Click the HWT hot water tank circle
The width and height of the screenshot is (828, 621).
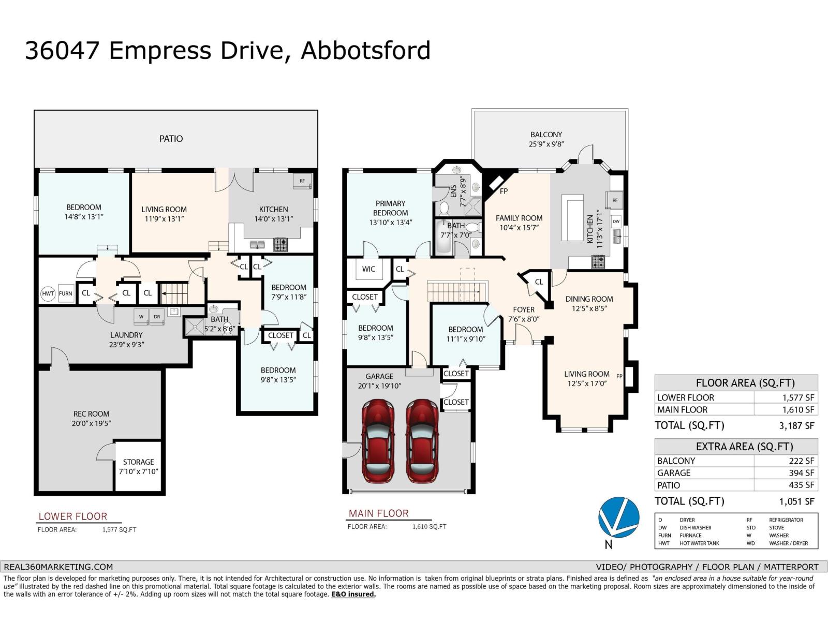pos(48,293)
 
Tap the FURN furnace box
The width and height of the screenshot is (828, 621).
pos(66,293)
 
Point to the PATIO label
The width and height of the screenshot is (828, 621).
pos(171,139)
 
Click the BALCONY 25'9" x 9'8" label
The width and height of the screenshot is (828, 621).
pos(546,139)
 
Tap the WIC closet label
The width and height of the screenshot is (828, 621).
pos(368,269)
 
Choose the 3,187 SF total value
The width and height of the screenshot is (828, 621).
pos(796,426)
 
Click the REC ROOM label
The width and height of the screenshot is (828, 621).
pos(91,414)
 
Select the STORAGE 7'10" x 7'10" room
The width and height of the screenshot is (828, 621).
pos(138,466)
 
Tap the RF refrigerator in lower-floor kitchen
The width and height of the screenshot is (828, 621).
pos(302,181)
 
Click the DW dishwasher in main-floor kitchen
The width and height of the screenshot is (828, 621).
pos(616,221)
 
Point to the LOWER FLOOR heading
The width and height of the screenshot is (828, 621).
pos(73,516)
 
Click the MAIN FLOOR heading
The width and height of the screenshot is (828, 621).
pos(379,513)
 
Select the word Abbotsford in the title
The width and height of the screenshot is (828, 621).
pos(365,51)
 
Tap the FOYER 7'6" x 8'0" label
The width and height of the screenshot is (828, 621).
pos(524,314)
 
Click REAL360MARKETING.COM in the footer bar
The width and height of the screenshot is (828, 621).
pos(58,567)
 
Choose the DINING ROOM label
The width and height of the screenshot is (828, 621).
pos(589,299)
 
